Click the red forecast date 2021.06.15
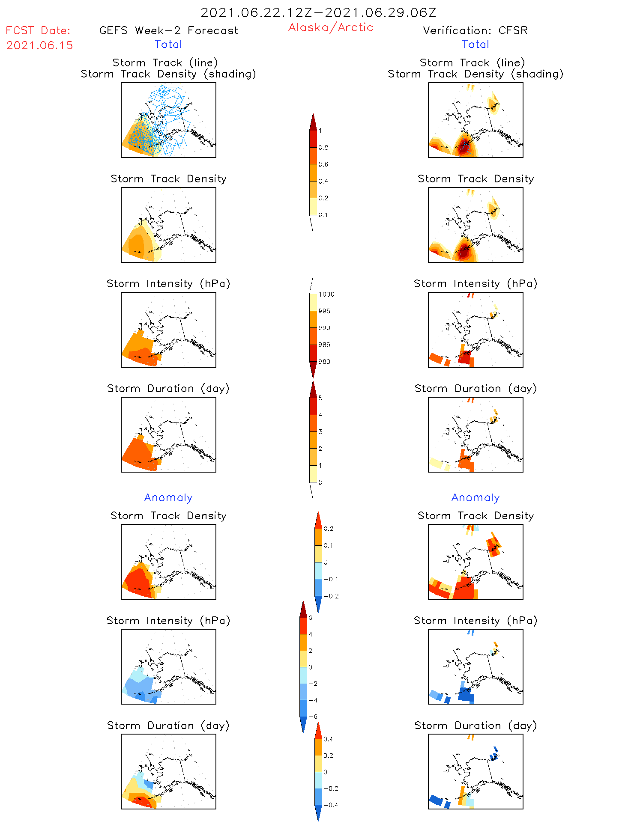[x=39, y=45]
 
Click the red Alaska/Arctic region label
[x=330, y=27]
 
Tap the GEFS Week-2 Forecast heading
[x=168, y=30]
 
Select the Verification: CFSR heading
[x=475, y=30]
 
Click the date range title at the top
[x=318, y=12]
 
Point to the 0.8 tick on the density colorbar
[x=323, y=148]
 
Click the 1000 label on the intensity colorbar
[x=326, y=294]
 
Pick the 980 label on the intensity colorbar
[x=324, y=362]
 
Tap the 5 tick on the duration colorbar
[x=320, y=398]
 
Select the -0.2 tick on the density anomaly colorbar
[x=331, y=596]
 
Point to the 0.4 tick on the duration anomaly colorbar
[x=328, y=739]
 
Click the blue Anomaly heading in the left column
[x=168, y=497]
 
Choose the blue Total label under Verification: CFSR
[x=475, y=44]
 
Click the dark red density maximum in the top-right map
[x=463, y=148]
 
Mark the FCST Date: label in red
[x=38, y=30]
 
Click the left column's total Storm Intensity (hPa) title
[x=168, y=283]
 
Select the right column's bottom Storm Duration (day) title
[x=476, y=726]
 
